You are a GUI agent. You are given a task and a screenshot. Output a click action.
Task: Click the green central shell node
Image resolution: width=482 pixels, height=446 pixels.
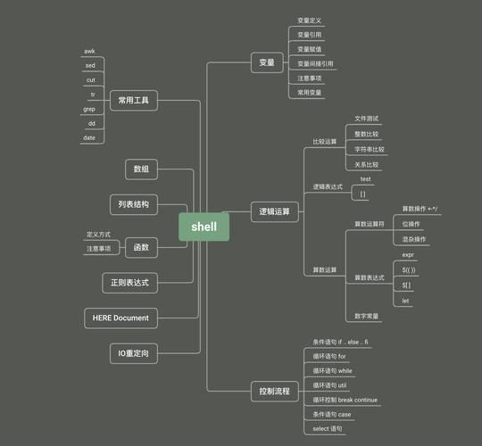click(204, 227)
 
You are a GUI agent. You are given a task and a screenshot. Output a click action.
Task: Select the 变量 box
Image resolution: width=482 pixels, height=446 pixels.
click(267, 63)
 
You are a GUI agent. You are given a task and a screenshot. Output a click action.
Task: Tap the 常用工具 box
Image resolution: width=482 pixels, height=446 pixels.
click(133, 102)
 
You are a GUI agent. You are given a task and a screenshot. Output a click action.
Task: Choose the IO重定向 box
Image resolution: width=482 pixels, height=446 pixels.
click(134, 354)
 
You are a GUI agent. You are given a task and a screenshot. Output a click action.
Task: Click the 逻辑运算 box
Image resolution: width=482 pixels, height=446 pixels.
click(275, 212)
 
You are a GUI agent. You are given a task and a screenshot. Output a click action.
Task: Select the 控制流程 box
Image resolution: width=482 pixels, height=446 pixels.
click(274, 391)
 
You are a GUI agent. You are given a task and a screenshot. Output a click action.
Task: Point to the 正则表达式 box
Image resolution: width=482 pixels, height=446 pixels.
click(130, 283)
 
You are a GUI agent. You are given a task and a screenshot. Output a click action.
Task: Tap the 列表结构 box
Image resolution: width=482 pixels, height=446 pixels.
click(134, 205)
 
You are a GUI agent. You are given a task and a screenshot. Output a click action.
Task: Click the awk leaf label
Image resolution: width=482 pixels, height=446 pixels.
click(89, 52)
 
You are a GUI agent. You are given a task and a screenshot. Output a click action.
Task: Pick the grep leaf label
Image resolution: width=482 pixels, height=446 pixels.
click(89, 109)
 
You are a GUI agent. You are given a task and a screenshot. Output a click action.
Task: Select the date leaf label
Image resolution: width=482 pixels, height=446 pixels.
click(89, 137)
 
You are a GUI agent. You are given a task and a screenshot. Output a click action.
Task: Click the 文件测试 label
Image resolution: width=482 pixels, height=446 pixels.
click(366, 118)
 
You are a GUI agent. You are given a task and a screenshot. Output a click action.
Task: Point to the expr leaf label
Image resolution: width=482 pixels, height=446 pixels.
click(407, 255)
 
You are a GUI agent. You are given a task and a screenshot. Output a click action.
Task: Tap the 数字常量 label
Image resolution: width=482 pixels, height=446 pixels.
click(366, 316)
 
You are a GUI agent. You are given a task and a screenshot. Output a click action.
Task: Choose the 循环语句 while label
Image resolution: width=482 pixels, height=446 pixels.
click(332, 371)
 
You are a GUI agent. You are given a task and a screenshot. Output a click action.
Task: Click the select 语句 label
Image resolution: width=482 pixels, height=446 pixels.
click(327, 429)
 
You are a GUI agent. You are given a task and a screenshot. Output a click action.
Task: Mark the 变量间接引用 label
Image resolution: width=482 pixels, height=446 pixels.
click(315, 63)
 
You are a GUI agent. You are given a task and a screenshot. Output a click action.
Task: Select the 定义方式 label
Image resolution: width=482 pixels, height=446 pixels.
click(98, 235)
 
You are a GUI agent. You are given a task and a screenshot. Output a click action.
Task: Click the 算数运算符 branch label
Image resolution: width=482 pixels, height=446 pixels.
click(370, 224)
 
